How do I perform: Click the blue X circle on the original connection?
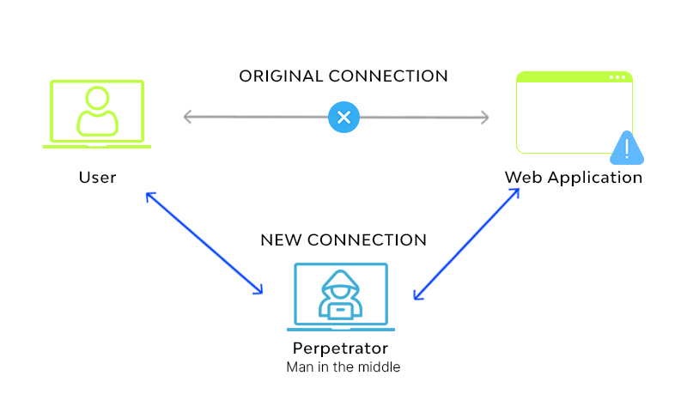(343, 117)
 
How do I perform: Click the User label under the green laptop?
(97, 178)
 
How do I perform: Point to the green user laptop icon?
(97, 114)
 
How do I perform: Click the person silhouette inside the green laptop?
(97, 112)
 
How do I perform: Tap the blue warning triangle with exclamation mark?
(628, 148)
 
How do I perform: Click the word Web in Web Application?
(524, 178)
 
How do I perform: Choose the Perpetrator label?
(340, 348)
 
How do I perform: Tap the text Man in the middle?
(343, 367)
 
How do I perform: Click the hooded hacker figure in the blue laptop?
(341, 294)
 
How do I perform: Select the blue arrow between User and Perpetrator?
(204, 243)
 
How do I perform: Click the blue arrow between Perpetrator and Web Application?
(466, 245)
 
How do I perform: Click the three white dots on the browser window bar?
(617, 77)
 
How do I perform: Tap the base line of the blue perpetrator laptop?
(341, 329)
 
